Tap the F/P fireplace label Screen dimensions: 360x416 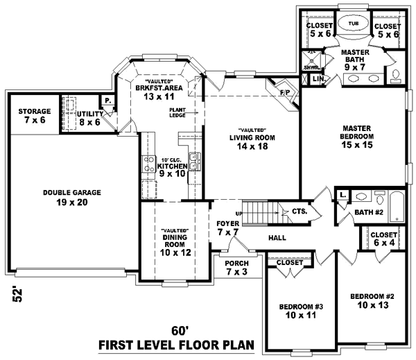(284, 92)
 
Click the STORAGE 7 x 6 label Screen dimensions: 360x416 (34, 116)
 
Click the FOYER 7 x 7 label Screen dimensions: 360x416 (227, 228)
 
